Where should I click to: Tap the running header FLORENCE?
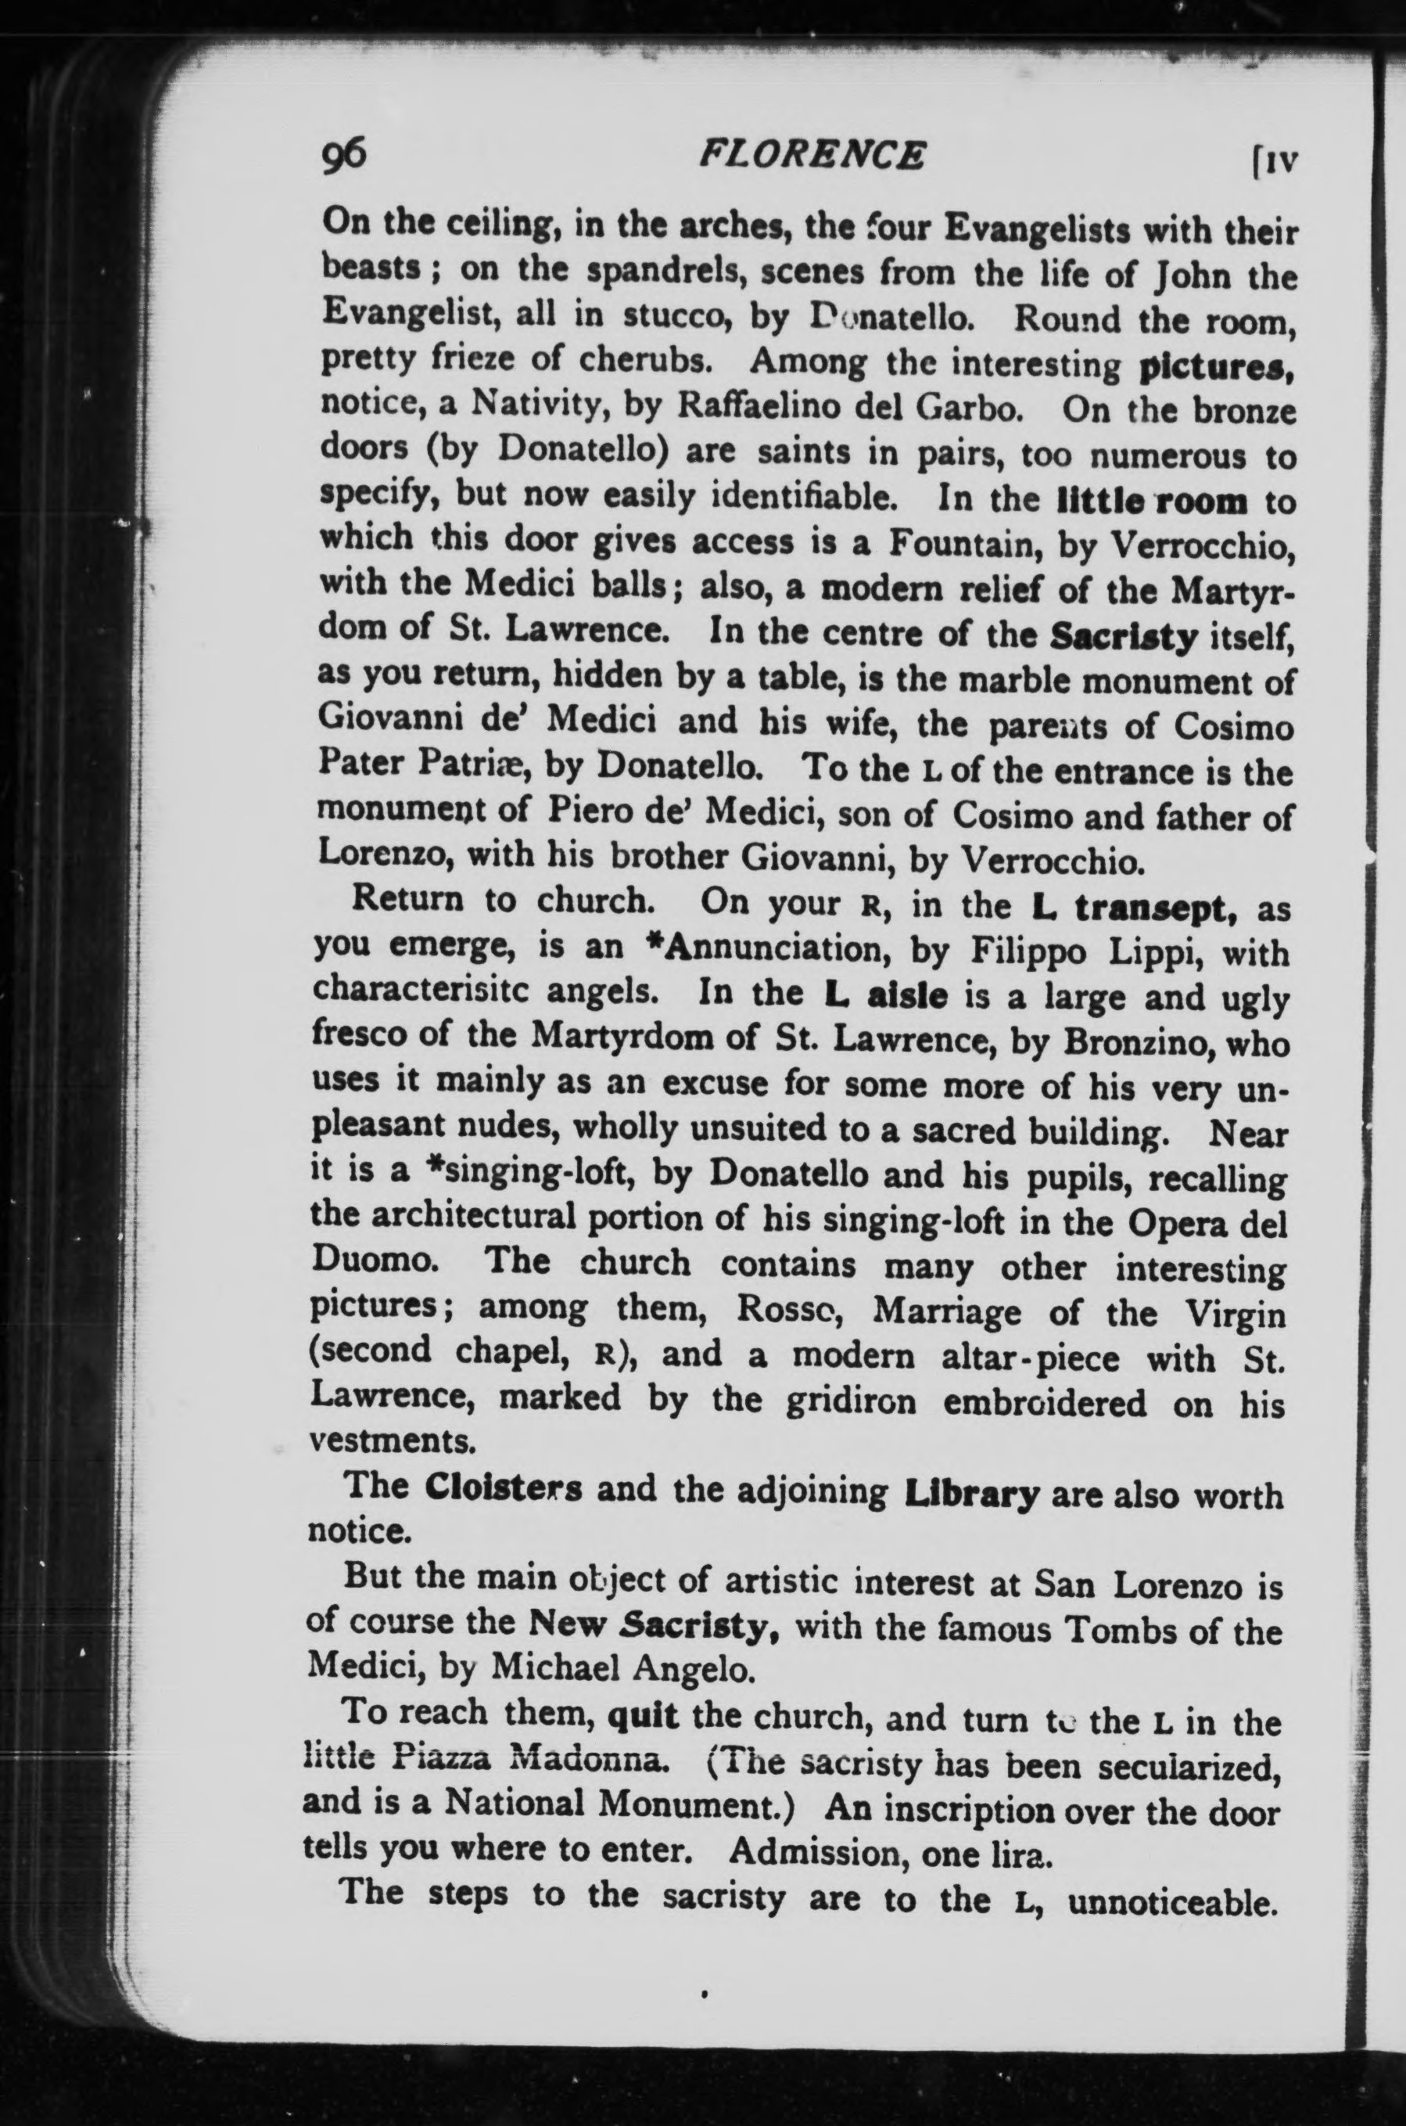click(812, 156)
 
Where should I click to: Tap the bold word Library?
click(972, 1493)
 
